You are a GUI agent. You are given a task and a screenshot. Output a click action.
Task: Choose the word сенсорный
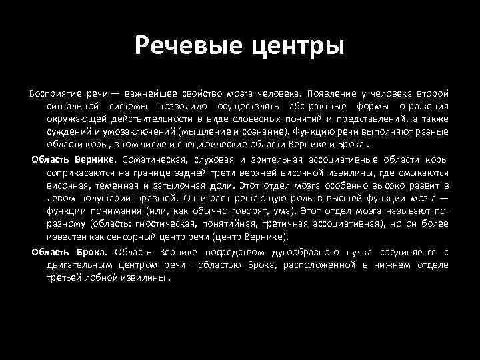[x=142, y=236]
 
